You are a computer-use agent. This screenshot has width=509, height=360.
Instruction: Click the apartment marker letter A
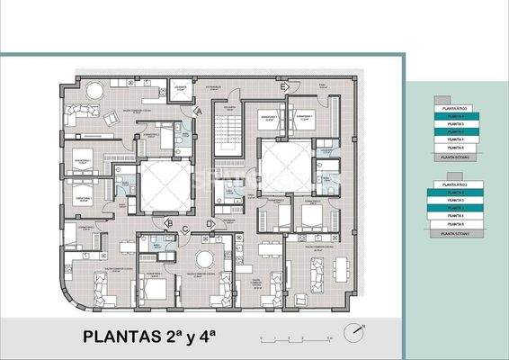pos(199,111)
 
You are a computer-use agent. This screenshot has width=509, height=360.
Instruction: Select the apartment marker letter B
pos(169,224)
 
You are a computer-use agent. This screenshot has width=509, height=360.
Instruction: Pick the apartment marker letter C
pos(185,229)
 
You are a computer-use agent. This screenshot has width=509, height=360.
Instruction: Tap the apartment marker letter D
pos(210,223)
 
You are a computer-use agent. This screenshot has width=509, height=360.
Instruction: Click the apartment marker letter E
pos(283,86)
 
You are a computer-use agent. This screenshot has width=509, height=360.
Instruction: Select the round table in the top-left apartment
pos(94,91)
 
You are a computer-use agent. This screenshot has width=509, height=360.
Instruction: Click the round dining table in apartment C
pos(204,259)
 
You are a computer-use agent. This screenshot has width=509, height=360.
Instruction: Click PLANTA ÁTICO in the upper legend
pos(456,108)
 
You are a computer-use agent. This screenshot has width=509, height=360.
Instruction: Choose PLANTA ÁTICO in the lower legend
pos(456,184)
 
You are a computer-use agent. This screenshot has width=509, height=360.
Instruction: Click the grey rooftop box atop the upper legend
pos(442,99)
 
